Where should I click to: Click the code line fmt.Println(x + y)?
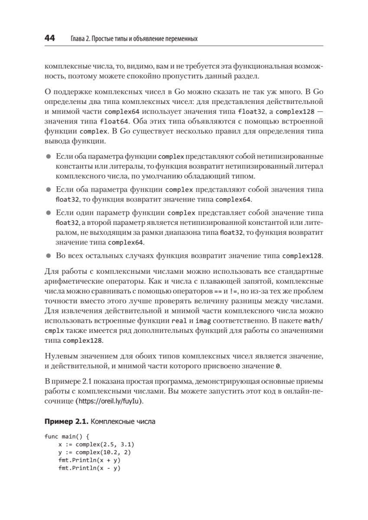click(x=89, y=461)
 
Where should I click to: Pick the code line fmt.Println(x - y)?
click(x=89, y=468)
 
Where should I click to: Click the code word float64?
click(x=113, y=121)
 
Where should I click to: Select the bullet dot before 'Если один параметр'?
click(x=49, y=213)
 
